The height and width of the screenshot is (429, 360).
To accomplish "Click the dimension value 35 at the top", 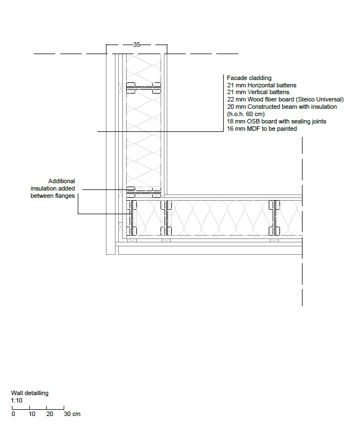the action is coord(137,44).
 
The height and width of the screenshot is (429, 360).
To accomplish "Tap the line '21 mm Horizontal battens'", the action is coord(261,85).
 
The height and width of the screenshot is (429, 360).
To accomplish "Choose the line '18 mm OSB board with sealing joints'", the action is coord(276,121).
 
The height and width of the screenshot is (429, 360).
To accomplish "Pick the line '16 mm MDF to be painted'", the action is coord(261,129).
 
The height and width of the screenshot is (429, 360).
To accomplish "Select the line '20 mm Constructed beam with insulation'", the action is coord(281,107).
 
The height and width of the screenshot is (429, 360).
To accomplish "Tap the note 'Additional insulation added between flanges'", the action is coord(52,188).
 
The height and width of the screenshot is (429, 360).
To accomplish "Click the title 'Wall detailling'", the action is coord(30,393).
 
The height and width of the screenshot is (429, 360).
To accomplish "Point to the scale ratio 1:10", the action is coord(17,400).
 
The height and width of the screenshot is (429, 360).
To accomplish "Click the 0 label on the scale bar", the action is coord(13,414).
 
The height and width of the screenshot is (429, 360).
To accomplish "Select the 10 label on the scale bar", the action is coord(32,414).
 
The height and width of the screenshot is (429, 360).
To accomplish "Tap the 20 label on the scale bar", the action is coord(50,414).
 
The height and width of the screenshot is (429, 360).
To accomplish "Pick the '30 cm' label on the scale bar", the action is coord(72,414).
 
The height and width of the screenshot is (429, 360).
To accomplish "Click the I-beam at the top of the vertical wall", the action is coord(144,87).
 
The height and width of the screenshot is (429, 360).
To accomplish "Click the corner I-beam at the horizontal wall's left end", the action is coord(132,218).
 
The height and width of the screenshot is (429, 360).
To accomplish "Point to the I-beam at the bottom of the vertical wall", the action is coord(144,192).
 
